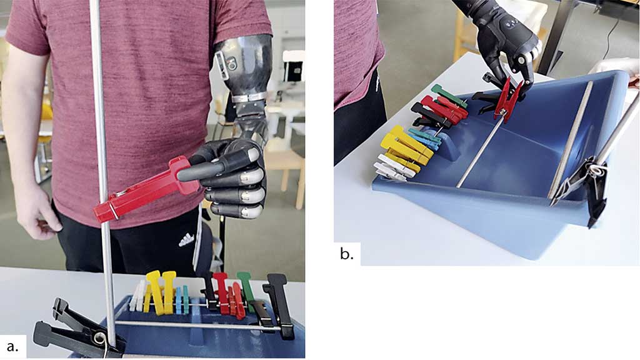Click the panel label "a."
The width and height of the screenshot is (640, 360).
[x=12, y=346]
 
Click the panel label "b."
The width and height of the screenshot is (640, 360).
[x=346, y=254]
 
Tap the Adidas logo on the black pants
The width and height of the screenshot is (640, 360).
[x=186, y=240]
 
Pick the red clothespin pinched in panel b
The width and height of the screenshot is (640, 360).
[x=507, y=99]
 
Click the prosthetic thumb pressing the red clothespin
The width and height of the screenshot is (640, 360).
[x=204, y=168]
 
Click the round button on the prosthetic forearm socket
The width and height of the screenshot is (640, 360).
[x=233, y=64]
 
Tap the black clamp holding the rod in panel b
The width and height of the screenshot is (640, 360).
[x=584, y=184]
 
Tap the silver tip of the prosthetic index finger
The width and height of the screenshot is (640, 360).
[x=254, y=154]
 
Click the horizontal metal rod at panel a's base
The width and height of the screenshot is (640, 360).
[x=196, y=325]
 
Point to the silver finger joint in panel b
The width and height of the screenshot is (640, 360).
[x=522, y=60]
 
